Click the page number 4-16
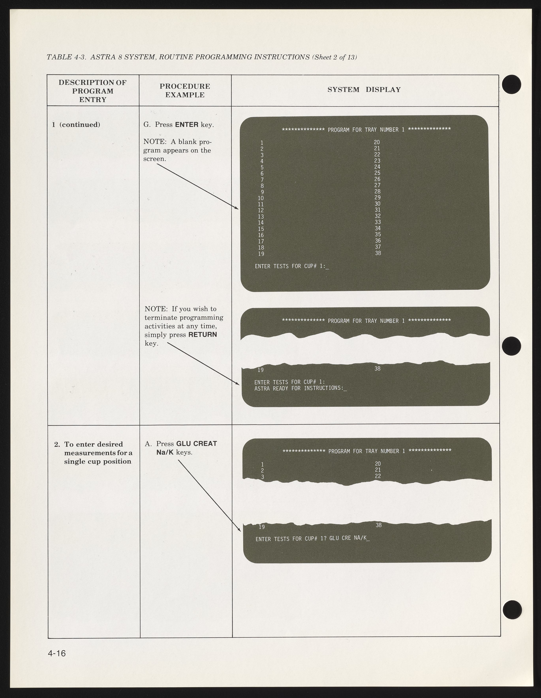[57, 653]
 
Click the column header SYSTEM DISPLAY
[364, 90]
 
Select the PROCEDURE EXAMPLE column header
[185, 90]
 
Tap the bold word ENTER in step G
[187, 125]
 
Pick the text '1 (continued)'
[76, 125]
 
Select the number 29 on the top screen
[377, 198]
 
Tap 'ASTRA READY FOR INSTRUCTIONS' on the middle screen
[298, 388]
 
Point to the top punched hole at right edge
[512, 84]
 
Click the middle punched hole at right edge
[512, 346]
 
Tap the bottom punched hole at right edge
[512, 609]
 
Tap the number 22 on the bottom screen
[378, 476]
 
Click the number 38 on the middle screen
[377, 369]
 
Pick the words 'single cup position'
[98, 462]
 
